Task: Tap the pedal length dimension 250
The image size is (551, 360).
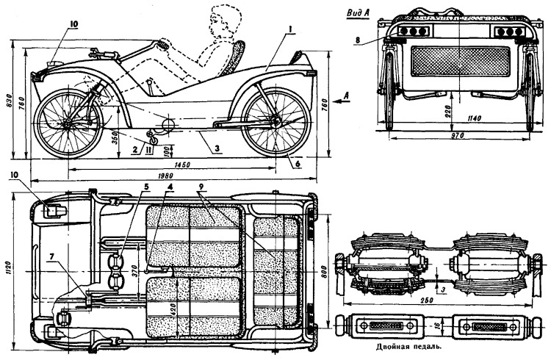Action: pyautogui.click(x=439, y=300)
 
